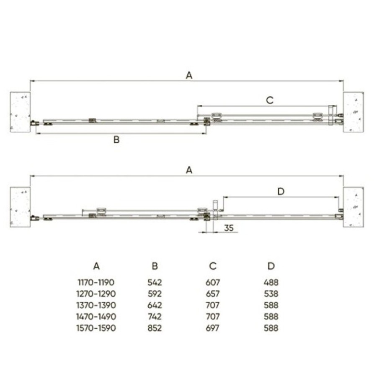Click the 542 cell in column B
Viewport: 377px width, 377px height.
tap(155, 282)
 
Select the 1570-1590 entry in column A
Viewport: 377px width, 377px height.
tap(96, 328)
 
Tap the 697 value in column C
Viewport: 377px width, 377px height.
tap(212, 328)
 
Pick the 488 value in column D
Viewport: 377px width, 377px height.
tap(271, 282)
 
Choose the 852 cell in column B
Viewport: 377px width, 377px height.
tap(155, 328)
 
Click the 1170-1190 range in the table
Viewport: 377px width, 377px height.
tap(96, 282)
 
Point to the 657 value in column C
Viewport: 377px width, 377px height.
tap(212, 294)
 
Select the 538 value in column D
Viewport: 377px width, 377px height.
tap(271, 294)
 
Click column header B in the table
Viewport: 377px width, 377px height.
tap(155, 266)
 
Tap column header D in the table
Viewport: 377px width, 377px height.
tap(271, 266)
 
